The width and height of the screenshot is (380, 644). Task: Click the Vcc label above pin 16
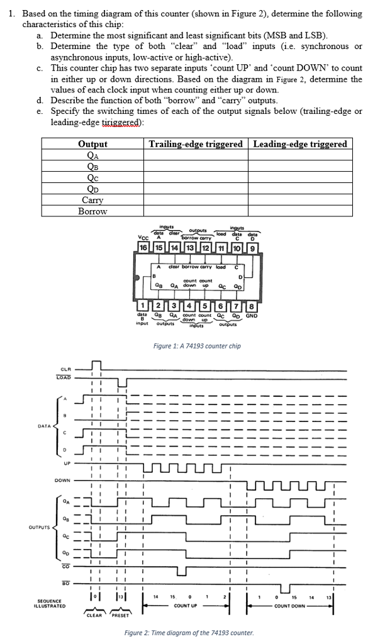(143, 236)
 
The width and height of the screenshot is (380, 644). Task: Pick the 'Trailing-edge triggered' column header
(196, 144)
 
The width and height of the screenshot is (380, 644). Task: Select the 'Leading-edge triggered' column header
(299, 144)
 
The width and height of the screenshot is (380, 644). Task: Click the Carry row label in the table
(92, 200)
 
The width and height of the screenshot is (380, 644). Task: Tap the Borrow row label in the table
(92, 211)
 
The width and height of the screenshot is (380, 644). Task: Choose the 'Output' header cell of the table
(92, 144)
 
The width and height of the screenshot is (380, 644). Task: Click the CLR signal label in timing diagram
(65, 369)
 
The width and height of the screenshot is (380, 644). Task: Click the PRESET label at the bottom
(121, 616)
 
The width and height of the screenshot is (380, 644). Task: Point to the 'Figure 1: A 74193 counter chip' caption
(197, 346)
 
